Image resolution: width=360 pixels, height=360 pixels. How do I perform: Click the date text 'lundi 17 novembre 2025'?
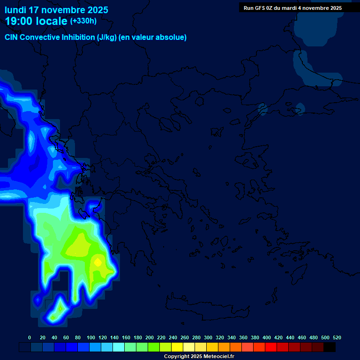56,10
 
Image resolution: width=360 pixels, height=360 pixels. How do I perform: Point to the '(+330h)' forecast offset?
83,21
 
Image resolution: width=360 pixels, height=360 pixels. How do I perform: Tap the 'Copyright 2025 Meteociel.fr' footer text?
199,356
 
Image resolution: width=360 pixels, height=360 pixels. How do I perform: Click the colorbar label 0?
30,337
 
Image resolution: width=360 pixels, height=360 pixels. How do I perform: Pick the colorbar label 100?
90,337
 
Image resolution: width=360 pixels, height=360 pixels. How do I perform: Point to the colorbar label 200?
150,337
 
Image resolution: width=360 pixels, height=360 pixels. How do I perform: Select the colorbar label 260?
185,337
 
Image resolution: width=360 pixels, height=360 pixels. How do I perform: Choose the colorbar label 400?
267,337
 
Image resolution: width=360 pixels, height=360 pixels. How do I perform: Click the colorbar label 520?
337,337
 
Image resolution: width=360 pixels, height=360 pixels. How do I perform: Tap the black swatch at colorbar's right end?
330,347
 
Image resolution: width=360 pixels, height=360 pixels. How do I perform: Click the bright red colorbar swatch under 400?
271,347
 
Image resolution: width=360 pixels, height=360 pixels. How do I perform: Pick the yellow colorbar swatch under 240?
177,347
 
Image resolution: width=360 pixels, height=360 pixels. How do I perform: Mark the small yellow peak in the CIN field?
97,262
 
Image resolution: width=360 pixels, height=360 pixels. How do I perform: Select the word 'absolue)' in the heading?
171,37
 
